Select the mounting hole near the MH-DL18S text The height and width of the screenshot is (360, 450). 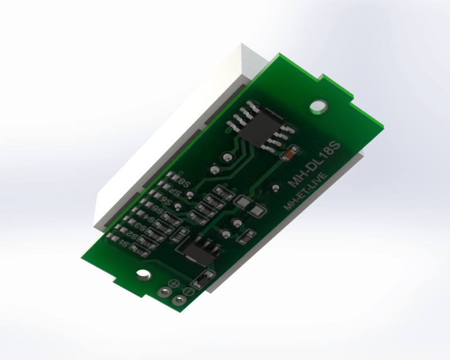(x=319, y=105)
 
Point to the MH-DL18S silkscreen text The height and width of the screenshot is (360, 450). (x=315, y=165)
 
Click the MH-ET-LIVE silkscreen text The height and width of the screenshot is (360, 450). (x=306, y=192)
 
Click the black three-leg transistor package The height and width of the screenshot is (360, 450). (x=195, y=248)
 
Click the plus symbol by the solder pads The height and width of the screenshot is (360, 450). (x=174, y=284)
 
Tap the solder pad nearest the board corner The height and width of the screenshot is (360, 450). (x=181, y=300)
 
